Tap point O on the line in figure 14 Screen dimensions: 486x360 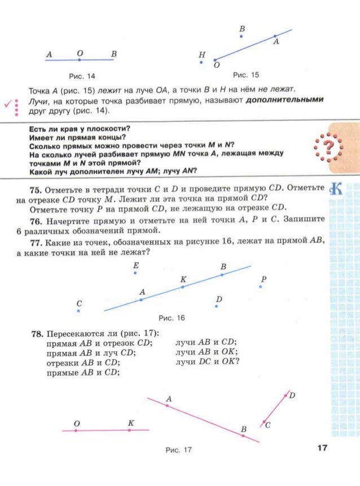[80, 60]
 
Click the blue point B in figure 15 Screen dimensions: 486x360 [242, 36]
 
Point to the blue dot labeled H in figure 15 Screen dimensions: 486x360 [201, 63]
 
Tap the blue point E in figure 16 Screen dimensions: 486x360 [135, 273]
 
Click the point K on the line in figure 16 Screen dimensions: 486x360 [183, 287]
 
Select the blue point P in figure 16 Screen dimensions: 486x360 [261, 286]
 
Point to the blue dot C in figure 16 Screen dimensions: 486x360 [79, 311]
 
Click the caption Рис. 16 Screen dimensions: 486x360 [172, 318]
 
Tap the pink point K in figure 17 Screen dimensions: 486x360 [129, 430]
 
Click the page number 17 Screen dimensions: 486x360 [323, 448]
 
